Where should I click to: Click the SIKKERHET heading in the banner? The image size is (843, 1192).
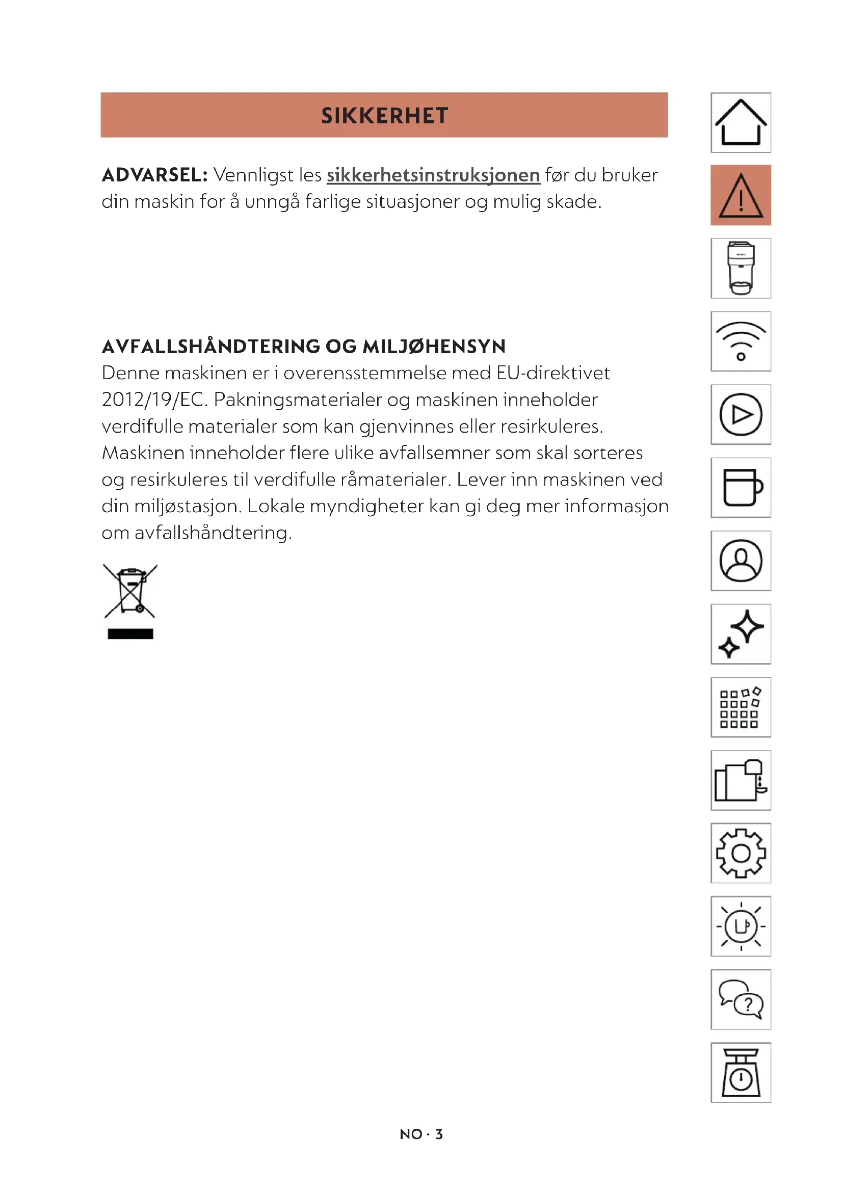click(x=384, y=116)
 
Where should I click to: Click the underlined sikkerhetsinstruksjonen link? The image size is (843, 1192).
click(x=433, y=175)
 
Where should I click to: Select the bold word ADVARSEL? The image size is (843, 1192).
click(x=154, y=175)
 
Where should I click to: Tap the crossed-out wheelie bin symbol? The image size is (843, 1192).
click(x=130, y=601)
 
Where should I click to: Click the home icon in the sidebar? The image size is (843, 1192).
click(x=740, y=122)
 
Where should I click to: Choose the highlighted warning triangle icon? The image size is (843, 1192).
click(x=740, y=195)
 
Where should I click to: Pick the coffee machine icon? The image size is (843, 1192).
click(x=740, y=269)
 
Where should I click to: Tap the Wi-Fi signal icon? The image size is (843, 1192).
click(x=740, y=341)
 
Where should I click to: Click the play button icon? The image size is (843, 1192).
click(x=740, y=414)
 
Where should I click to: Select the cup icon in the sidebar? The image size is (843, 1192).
click(x=740, y=488)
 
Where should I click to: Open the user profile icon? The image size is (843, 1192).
click(x=740, y=561)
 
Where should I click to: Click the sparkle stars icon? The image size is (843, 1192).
click(x=740, y=634)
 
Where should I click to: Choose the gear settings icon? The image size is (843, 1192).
click(x=740, y=853)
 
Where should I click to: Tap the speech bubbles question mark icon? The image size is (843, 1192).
click(x=740, y=999)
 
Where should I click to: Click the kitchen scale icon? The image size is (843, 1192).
click(x=740, y=1073)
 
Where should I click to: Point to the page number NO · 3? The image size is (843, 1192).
click(x=421, y=1134)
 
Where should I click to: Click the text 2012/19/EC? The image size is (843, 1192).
click(x=154, y=400)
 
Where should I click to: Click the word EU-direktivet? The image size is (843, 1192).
click(x=553, y=373)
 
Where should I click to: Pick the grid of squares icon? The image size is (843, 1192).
click(x=740, y=707)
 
